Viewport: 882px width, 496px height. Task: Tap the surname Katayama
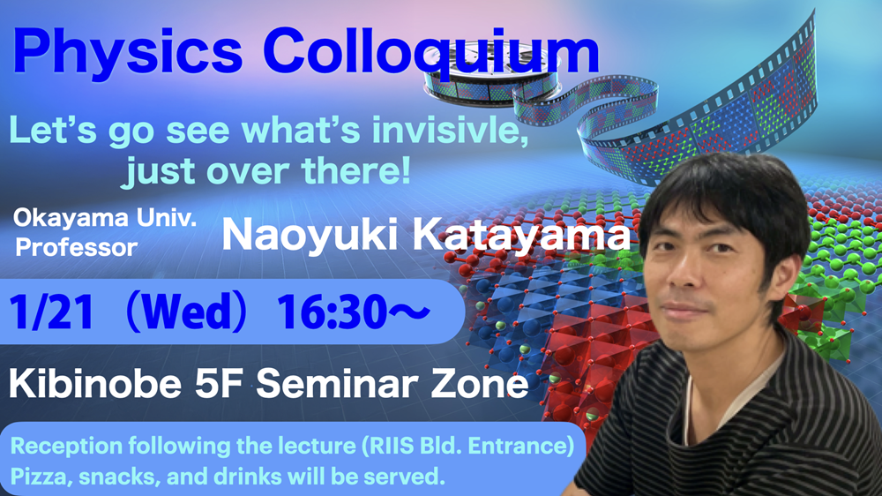point(522,235)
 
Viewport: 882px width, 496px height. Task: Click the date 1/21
point(51,312)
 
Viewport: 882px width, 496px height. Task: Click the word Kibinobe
point(95,384)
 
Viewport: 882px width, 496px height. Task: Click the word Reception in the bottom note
point(67,447)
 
